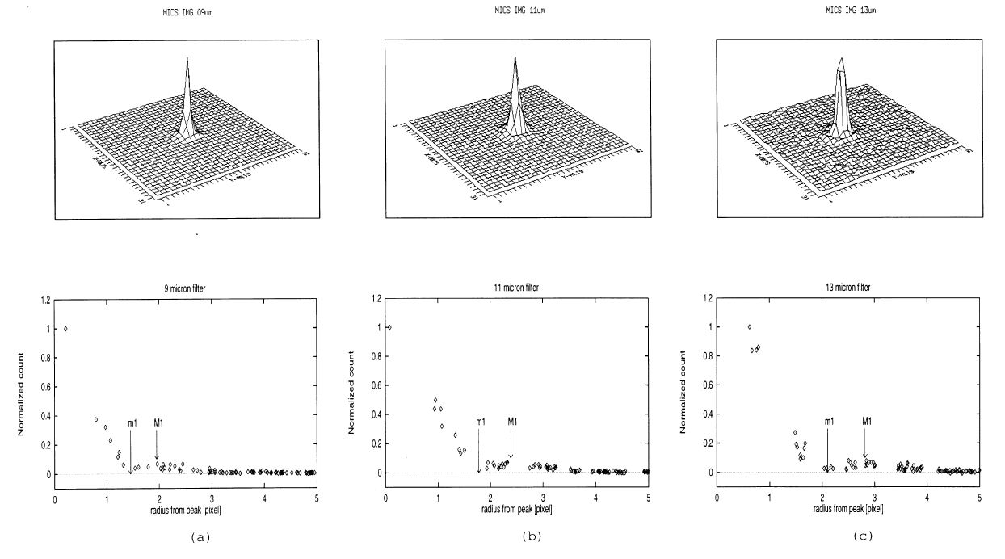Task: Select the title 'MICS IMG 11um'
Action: pyautogui.click(x=517, y=10)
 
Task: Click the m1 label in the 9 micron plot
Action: pyautogui.click(x=132, y=423)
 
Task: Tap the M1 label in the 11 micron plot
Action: pyautogui.click(x=511, y=421)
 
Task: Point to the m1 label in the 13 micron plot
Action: pyautogui.click(x=829, y=421)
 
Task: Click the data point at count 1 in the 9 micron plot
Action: pyautogui.click(x=65, y=329)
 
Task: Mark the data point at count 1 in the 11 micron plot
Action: pyautogui.click(x=389, y=327)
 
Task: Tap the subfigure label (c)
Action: pyautogui.click(x=848, y=536)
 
